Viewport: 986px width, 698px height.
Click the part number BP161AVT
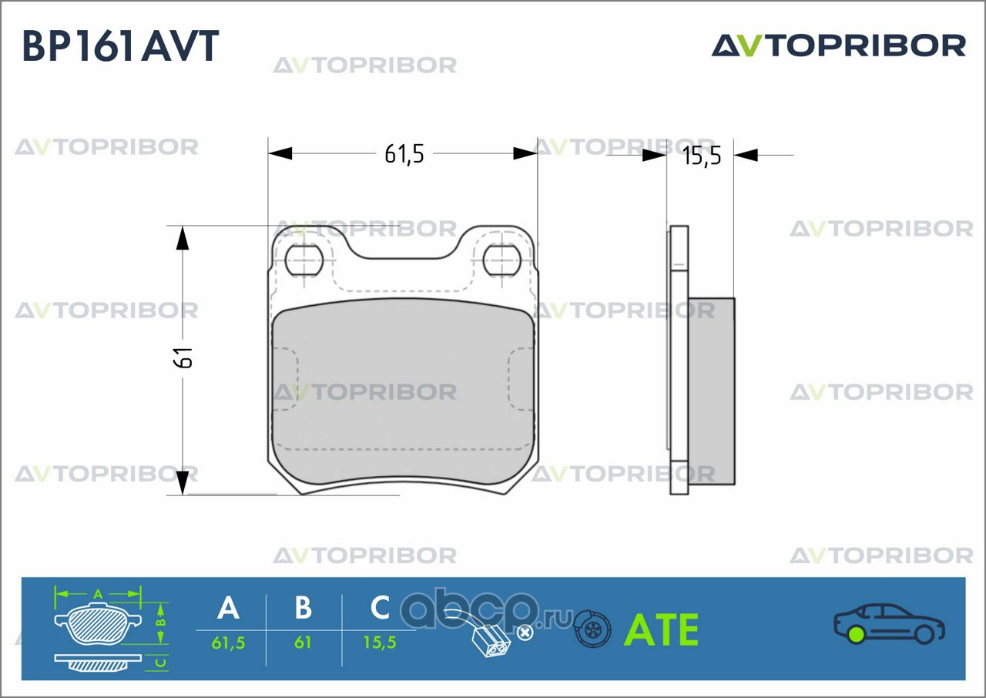[120, 45]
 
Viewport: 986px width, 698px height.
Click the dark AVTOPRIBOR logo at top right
[839, 45]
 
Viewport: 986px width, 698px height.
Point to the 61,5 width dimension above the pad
[404, 154]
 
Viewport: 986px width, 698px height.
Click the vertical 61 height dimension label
[183, 357]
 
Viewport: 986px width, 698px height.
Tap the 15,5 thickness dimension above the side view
[702, 156]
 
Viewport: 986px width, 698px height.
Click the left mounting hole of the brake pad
[304, 260]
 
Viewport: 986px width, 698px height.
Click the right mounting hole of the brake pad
[501, 260]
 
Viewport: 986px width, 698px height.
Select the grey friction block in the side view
[711, 391]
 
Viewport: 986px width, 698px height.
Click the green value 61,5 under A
[228, 643]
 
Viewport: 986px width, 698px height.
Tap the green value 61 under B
[303, 643]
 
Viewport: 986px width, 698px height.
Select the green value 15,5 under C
[380, 643]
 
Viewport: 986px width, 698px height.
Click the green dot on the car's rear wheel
[856, 634]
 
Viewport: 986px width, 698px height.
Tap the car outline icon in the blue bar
[889, 623]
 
